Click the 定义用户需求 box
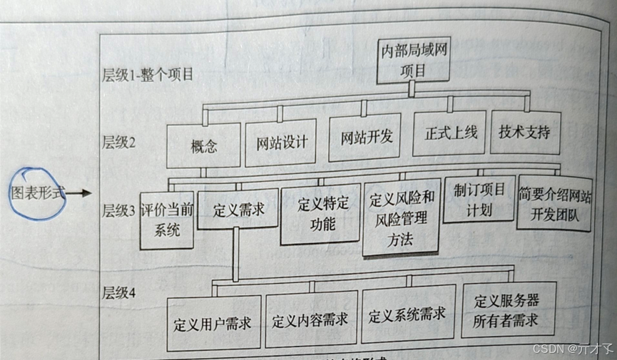coord(213,323)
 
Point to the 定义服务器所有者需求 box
coord(507,309)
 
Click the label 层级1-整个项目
coord(148,75)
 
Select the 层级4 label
coord(119,293)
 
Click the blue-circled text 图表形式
coord(39,192)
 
